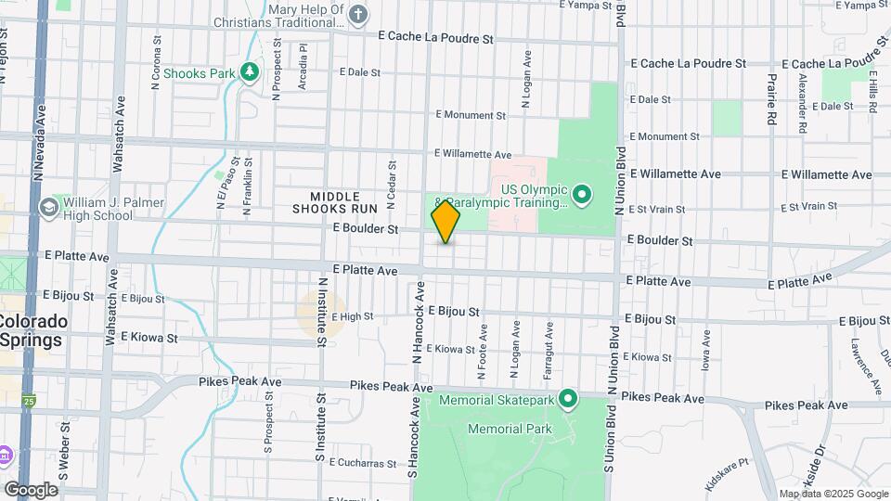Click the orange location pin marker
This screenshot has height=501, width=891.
coord(445,222)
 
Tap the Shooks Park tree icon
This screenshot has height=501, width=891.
coord(249,71)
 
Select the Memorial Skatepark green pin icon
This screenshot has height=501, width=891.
coord(569,400)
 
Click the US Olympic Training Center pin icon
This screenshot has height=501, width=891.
coord(582,194)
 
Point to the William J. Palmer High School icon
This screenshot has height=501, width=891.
coord(48,208)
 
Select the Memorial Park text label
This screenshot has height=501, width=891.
coord(510,429)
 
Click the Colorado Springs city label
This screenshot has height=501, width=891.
coord(32,330)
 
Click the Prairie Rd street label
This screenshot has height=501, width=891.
coord(770,100)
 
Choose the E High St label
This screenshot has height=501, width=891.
coord(352,316)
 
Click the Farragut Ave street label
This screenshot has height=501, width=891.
coord(549,342)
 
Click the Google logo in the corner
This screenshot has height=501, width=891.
coord(31,489)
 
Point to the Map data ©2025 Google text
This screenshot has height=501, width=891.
coord(833,494)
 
